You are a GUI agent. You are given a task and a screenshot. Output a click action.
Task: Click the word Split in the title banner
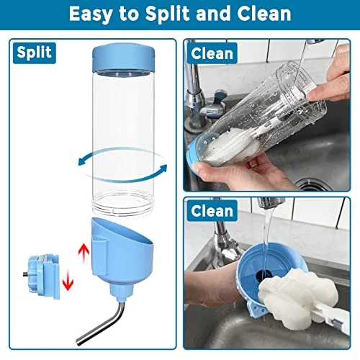168,14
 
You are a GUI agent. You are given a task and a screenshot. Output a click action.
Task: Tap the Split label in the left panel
35,53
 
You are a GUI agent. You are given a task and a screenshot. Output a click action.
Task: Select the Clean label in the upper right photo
212,53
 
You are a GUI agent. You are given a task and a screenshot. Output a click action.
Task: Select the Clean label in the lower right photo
212,211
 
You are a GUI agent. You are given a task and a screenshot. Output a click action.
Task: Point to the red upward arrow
84,253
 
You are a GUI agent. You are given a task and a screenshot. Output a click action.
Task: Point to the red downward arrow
68,280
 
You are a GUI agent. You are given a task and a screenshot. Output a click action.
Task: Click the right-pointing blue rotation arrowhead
162,168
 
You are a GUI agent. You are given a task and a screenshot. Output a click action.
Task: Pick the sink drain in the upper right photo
314,185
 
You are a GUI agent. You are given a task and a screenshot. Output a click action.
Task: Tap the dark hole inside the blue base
262,276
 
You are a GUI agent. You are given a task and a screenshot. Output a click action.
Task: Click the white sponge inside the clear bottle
230,146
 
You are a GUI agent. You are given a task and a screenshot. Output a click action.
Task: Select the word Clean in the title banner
264,14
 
